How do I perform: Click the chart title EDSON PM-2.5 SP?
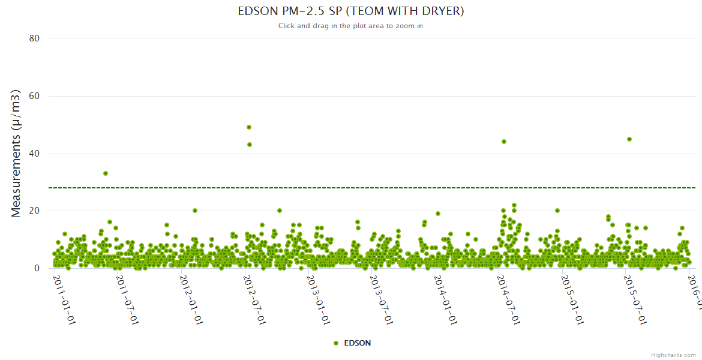[x=351, y=11]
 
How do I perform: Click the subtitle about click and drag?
[x=351, y=26]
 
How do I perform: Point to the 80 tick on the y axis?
[x=34, y=38]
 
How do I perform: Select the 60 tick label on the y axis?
[x=34, y=96]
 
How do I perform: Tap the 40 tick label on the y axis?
[x=34, y=154]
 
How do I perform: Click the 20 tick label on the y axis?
[x=34, y=211]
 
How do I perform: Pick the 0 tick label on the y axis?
[x=37, y=268]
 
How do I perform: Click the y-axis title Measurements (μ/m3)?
[x=16, y=153]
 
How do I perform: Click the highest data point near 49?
[x=249, y=127]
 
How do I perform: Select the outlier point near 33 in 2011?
[x=106, y=173]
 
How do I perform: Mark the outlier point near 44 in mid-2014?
[x=504, y=142]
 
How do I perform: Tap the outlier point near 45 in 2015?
[x=629, y=139]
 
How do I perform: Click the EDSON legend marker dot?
[x=336, y=343]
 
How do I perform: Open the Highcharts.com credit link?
[x=673, y=355]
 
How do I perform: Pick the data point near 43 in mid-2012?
[x=250, y=145]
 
